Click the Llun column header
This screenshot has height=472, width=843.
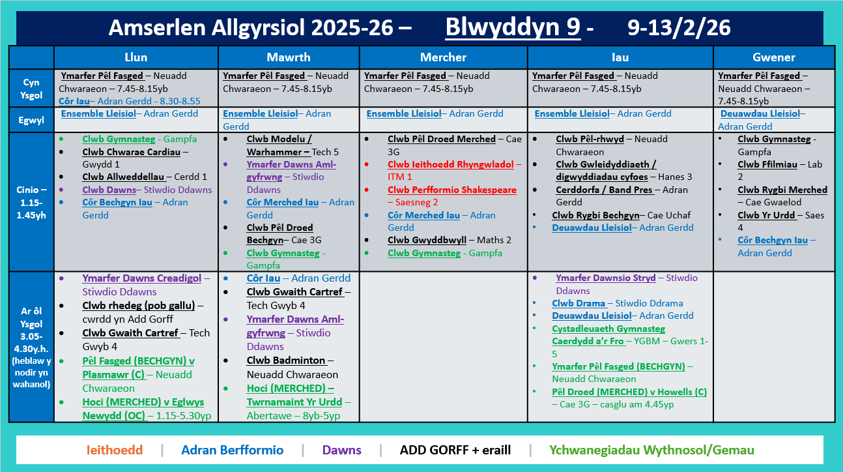click(136, 57)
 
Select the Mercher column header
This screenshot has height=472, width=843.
click(443, 57)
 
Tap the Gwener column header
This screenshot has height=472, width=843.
click(774, 57)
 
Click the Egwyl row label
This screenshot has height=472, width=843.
click(31, 120)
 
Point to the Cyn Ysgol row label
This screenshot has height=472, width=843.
click(31, 88)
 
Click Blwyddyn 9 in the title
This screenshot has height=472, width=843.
click(512, 27)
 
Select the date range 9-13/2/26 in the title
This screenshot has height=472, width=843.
click(679, 27)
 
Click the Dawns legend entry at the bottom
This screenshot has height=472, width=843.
click(341, 450)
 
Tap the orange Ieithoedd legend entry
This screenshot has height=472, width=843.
click(115, 450)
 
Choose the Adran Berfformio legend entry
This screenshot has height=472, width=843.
click(232, 450)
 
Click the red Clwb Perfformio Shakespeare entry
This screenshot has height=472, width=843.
click(451, 190)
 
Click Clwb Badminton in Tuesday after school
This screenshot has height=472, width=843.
click(286, 360)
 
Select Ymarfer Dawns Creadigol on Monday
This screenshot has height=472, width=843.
click(141, 278)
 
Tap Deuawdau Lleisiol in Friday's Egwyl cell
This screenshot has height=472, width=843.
click(760, 113)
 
